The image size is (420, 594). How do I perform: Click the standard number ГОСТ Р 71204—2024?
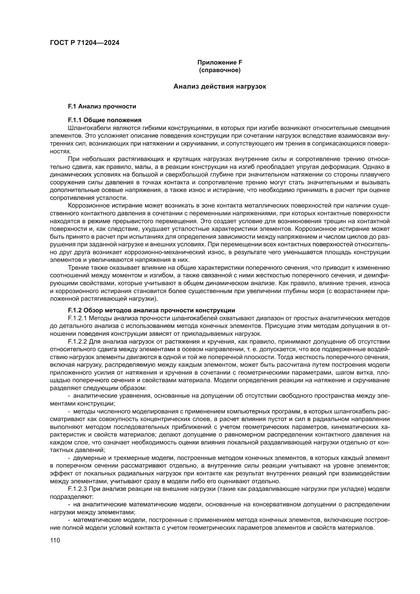click(85, 43)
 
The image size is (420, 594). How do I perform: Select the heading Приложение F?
click(220, 62)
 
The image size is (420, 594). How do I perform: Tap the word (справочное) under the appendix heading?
click(220, 70)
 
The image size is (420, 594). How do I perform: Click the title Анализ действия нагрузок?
click(220, 86)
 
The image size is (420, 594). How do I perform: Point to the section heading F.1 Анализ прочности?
click(102, 106)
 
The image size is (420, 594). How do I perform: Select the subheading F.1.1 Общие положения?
click(104, 120)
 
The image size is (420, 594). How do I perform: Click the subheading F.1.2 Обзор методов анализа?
click(151, 310)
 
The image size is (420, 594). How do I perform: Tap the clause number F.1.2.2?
click(77, 342)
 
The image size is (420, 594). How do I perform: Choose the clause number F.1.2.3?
click(77, 489)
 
